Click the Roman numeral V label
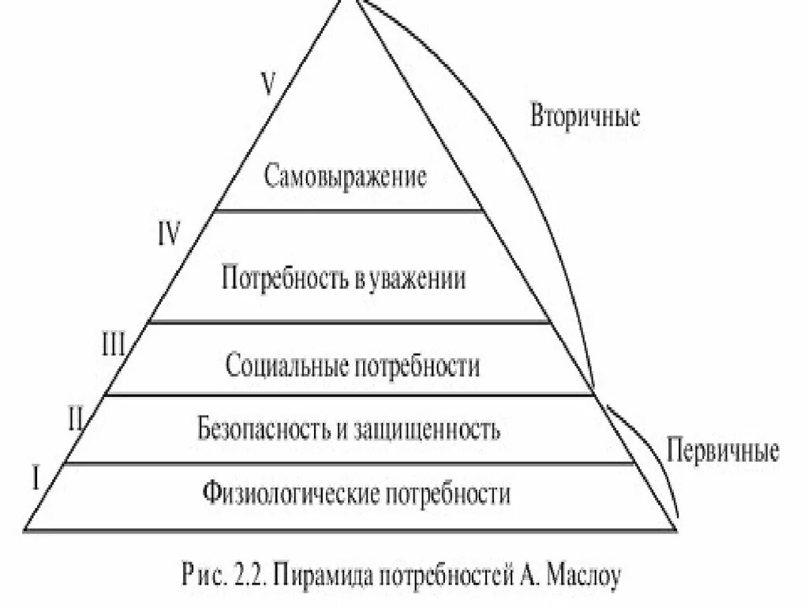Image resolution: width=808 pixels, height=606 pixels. pos(269,84)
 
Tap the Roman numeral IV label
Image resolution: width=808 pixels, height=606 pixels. pos(169,234)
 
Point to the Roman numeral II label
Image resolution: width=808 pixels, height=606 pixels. pos(77,417)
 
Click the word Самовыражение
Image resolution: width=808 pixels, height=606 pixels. pos(346,175)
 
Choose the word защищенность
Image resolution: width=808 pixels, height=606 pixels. pos(431,431)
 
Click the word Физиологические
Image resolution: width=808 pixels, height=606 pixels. pos(293,495)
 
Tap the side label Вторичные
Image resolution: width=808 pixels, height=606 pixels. pos(584,117)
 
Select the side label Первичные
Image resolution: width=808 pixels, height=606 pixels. pos(723,451)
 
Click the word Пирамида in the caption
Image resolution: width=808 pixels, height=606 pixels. pos(320,573)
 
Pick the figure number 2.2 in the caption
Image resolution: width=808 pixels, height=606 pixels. pos(245,573)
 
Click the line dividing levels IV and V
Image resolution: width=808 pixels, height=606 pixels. pos(349,211)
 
